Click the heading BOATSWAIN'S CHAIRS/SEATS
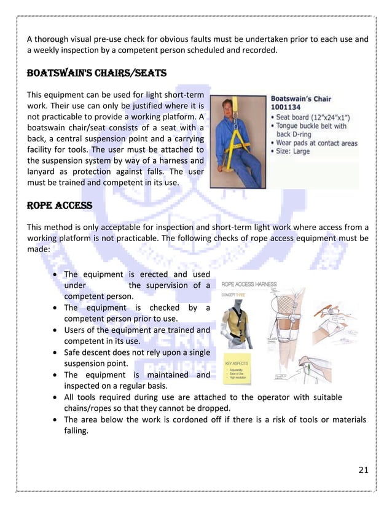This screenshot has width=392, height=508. [96, 73]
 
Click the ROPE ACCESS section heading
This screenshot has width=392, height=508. [59, 205]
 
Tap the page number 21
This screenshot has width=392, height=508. [363, 470]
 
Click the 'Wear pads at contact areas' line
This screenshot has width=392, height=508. [316, 143]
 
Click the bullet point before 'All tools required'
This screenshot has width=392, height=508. [57, 397]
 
